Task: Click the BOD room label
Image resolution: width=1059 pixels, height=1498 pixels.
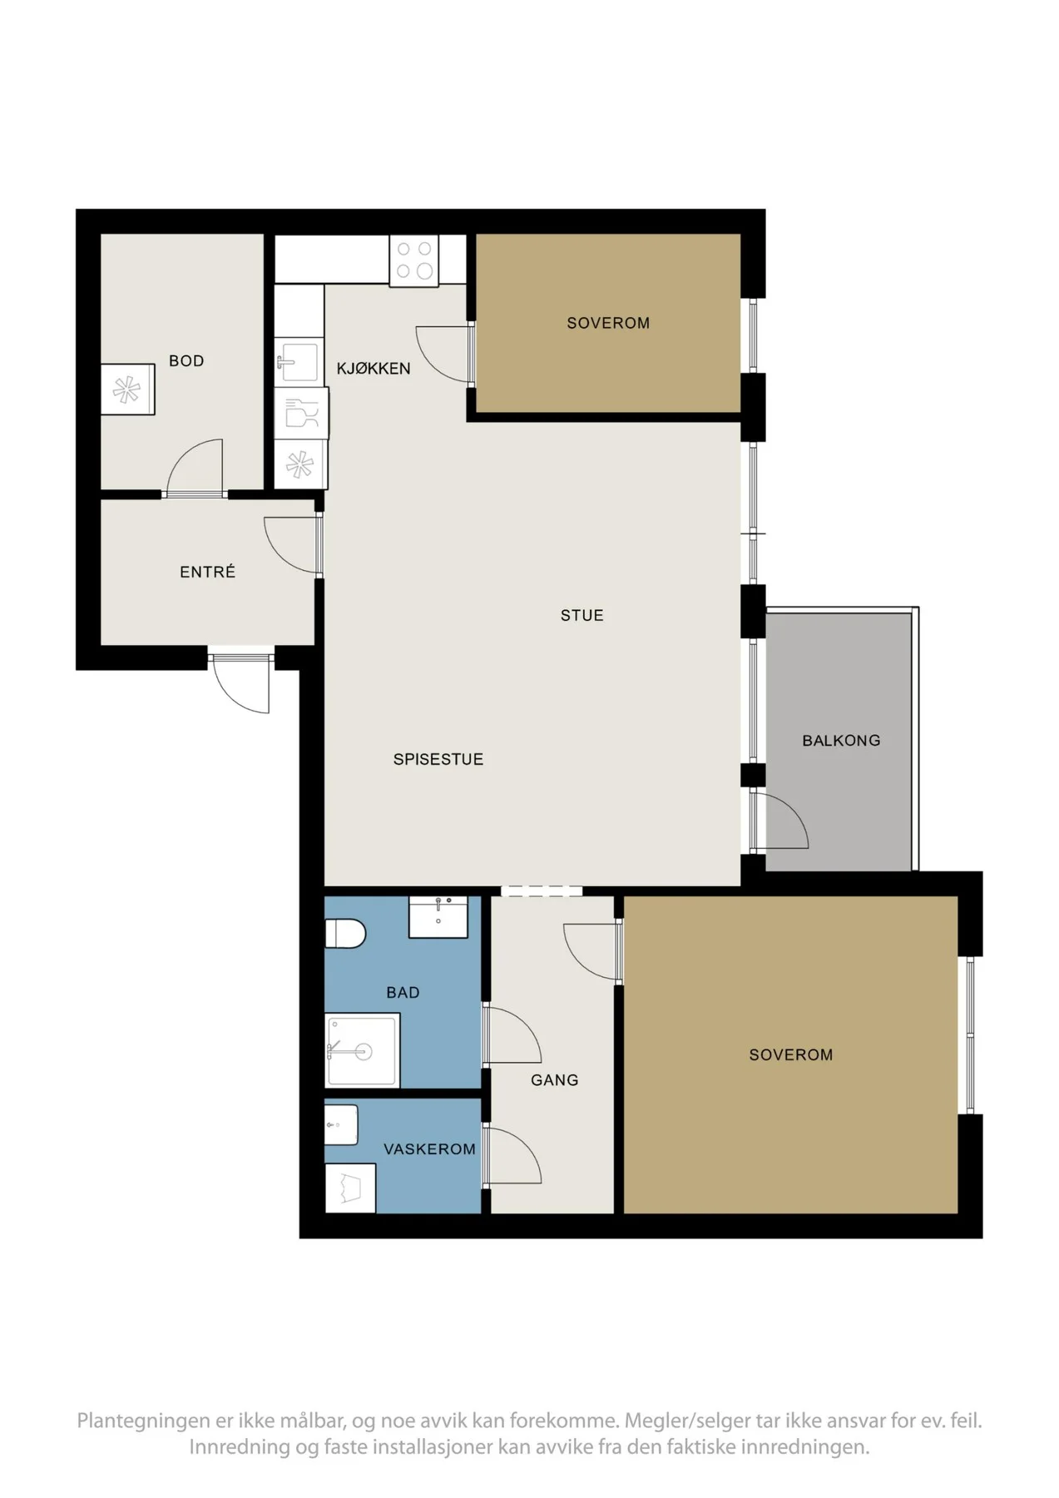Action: point(186,360)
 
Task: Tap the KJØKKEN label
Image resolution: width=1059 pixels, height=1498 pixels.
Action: point(374,368)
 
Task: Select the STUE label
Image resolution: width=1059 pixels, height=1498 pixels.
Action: point(582,615)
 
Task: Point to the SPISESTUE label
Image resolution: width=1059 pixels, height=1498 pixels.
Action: point(438,759)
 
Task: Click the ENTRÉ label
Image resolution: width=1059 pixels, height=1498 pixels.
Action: point(208,571)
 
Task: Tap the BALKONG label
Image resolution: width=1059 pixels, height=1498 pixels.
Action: point(841,740)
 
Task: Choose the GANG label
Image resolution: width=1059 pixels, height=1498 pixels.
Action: point(555,1079)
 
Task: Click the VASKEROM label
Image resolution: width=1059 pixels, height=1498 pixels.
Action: point(429,1148)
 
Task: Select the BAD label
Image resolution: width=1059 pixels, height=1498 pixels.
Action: point(403,992)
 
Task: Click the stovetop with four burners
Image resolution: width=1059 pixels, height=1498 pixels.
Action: point(414,260)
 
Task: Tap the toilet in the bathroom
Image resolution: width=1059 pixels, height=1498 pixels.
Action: point(345,933)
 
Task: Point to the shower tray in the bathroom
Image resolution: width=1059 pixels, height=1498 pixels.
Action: point(362,1051)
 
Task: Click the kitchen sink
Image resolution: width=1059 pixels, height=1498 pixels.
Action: point(297,361)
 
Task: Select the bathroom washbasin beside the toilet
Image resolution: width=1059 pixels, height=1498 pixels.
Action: point(438,917)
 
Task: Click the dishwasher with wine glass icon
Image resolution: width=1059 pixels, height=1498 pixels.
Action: point(301,413)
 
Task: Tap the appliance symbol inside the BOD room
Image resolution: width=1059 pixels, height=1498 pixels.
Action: point(128,389)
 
